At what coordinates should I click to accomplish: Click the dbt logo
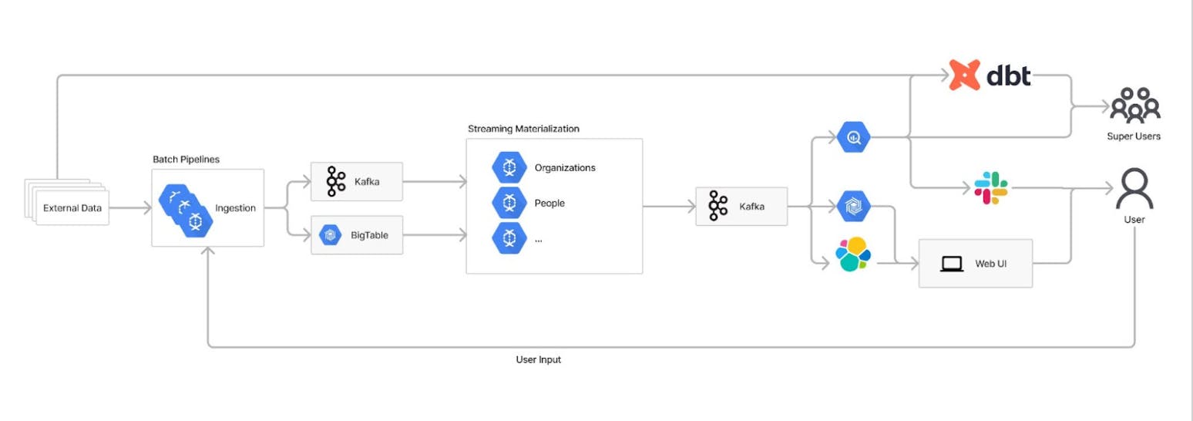(x=990, y=76)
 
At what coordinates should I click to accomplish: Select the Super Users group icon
(x=1134, y=105)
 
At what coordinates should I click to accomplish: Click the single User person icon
(x=1134, y=189)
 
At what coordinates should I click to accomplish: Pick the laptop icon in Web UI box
(x=953, y=264)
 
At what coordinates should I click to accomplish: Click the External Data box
(x=71, y=208)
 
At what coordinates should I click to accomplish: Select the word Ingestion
(x=235, y=208)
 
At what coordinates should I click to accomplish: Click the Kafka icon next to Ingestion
(x=335, y=182)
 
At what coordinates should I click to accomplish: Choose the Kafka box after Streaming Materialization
(x=741, y=207)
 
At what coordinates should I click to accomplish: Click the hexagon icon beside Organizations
(x=509, y=167)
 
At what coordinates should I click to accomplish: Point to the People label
(x=549, y=204)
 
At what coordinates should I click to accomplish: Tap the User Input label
(x=538, y=359)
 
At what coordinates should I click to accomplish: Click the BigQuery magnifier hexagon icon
(x=853, y=138)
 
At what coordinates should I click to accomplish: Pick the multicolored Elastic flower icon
(x=853, y=254)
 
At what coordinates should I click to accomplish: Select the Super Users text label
(x=1134, y=136)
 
